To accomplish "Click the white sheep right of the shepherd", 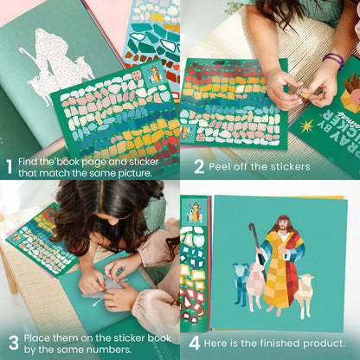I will tap(303, 292).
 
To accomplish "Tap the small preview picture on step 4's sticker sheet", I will tap(195, 212).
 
